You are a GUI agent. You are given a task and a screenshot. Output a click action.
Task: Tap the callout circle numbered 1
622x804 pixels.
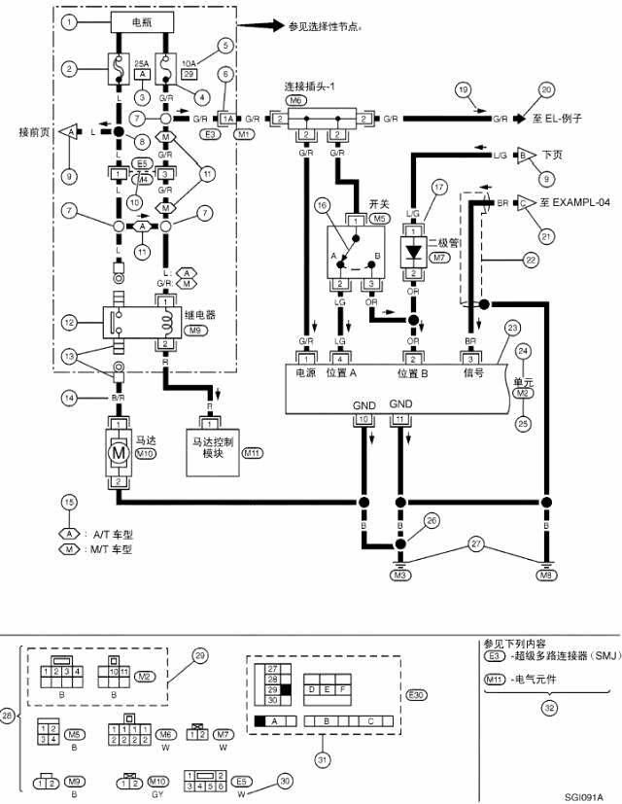click(68, 20)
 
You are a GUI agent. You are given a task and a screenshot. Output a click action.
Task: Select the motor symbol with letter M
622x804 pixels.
click(117, 453)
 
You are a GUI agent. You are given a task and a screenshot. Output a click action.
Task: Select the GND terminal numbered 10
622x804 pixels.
click(363, 419)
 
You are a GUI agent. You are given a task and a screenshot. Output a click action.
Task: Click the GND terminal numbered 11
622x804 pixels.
click(400, 419)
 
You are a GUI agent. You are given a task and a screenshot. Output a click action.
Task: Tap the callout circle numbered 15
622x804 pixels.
click(68, 502)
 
